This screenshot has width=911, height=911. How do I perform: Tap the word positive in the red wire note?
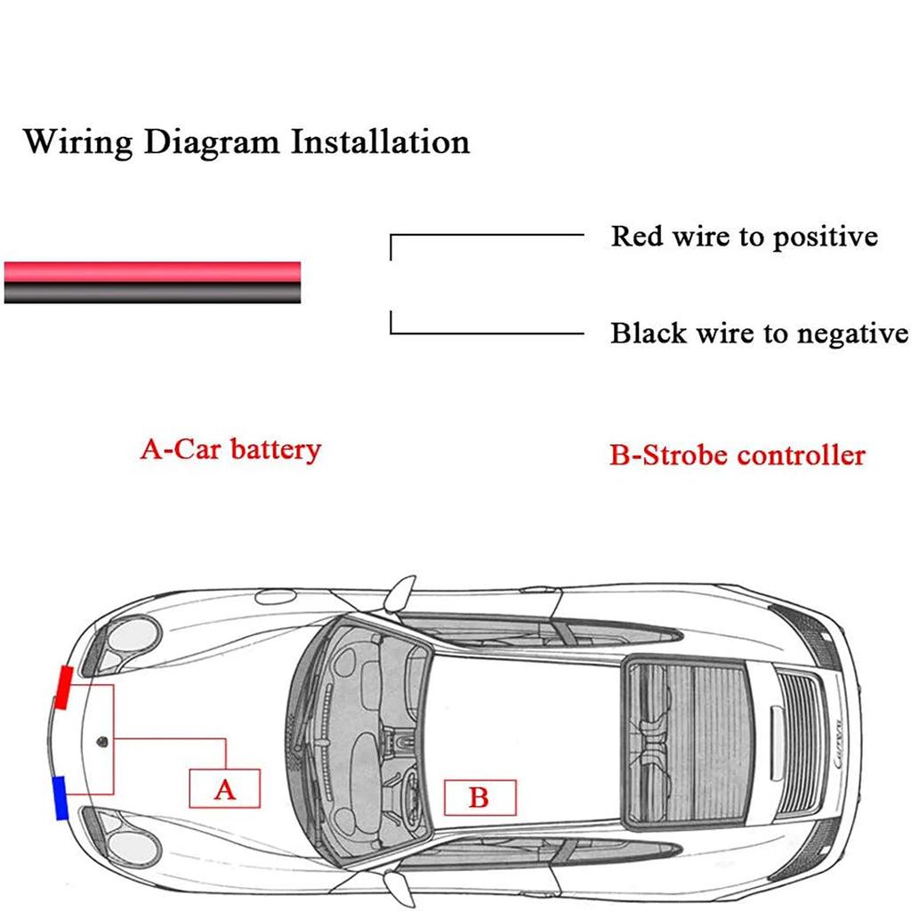tap(825, 238)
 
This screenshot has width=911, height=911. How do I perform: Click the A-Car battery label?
tap(230, 449)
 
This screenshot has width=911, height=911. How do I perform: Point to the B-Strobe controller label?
tap(737, 455)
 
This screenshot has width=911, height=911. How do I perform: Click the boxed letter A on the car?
tap(225, 788)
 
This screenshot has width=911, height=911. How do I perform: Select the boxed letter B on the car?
tap(479, 797)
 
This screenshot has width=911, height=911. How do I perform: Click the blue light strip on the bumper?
tap(60, 797)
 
